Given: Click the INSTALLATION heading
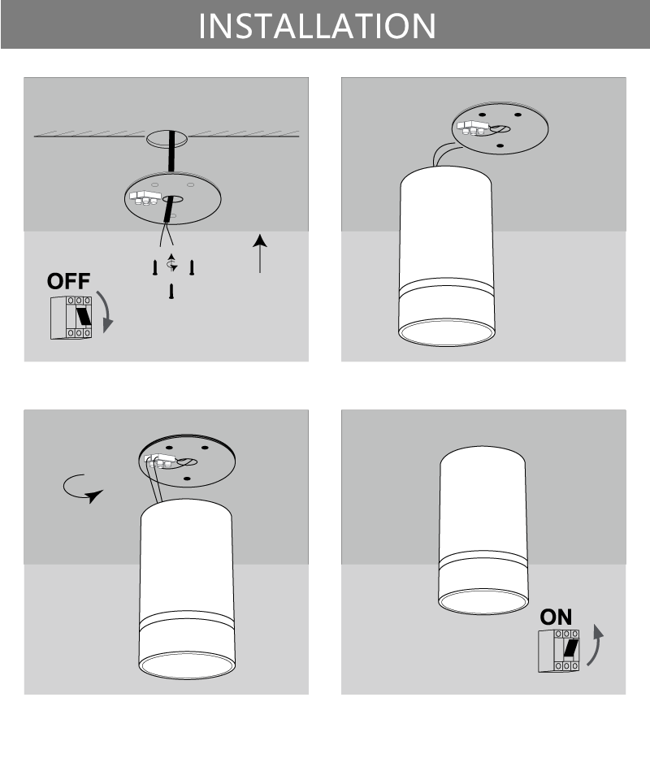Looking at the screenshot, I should tap(317, 24).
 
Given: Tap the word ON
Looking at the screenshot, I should tap(556, 617).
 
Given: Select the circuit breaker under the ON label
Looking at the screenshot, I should tap(559, 650).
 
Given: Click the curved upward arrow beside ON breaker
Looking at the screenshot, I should tap(596, 646).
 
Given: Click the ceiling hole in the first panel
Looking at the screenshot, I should tap(166, 139).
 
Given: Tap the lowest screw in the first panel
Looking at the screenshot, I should tap(171, 292).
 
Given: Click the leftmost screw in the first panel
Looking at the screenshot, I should tap(154, 266).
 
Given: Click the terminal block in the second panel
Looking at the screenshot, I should tap(472, 126).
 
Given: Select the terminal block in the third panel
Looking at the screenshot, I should tap(161, 461).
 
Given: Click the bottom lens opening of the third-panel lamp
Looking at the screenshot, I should tap(187, 665).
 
